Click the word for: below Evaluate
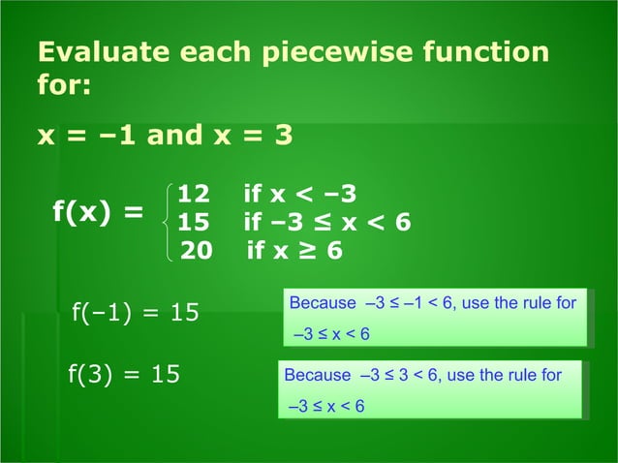pyautogui.click(x=64, y=86)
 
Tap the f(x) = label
pyautogui.click(x=97, y=211)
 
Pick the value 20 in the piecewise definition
pyautogui.click(x=197, y=251)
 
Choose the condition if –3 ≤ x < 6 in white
pyautogui.click(x=327, y=223)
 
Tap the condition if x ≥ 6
pyautogui.click(x=294, y=251)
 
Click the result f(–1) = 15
pyautogui.click(x=136, y=313)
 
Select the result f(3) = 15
pyautogui.click(x=124, y=374)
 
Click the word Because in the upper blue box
pyautogui.click(x=323, y=303)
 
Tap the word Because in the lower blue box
pyautogui.click(x=317, y=375)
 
